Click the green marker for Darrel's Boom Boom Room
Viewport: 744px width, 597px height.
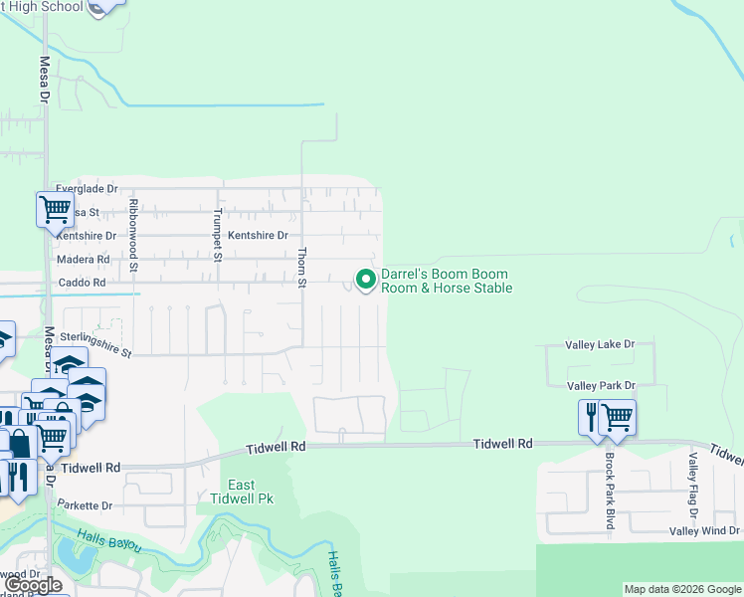366,281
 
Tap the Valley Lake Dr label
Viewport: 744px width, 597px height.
600,344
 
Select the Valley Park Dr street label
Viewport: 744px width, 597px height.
600,385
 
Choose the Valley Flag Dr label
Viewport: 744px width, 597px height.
693,485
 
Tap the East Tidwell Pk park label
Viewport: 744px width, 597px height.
242,492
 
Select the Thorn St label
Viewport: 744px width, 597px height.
302,268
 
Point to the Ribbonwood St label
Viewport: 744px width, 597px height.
132,235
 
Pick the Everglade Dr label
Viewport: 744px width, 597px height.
87,188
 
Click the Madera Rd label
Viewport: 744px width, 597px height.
84,259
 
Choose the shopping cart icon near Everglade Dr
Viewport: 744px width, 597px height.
55,210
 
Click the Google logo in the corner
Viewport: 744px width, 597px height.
33,585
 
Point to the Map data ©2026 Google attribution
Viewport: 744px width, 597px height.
681,589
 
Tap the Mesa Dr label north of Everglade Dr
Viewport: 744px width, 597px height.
45,80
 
